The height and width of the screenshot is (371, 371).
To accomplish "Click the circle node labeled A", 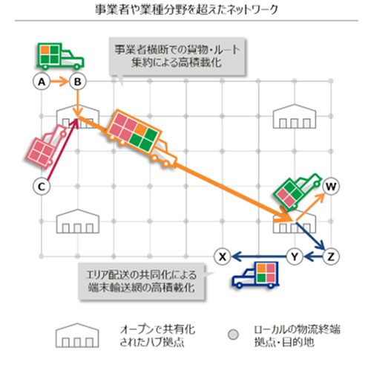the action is click(42, 82).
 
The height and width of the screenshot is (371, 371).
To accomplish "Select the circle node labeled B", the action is click(78, 82).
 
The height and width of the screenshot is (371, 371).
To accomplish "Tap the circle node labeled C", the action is click(42, 187).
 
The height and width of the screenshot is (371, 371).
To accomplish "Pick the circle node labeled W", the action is click(331, 187).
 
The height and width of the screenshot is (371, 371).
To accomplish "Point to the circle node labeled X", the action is click(223, 257).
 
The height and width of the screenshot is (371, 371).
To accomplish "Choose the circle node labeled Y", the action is click(295, 257).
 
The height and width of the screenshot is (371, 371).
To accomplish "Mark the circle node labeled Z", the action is click(331, 257).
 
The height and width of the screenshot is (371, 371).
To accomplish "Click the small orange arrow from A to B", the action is click(59, 82).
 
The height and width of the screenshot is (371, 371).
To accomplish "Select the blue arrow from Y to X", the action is click(259, 257).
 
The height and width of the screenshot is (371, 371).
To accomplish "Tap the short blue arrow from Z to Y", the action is click(313, 257).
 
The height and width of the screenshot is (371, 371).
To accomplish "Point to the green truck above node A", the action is click(60, 57).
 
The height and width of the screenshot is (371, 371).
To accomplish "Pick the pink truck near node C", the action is click(46, 146).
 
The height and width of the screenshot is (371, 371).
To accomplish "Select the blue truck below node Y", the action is click(255, 275).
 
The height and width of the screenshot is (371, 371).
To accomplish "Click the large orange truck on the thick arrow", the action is click(142, 138).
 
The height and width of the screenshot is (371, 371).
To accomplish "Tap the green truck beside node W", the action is click(298, 192).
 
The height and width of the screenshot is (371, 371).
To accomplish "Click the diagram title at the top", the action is click(186, 10).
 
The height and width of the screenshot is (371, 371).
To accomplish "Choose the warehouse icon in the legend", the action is click(77, 335).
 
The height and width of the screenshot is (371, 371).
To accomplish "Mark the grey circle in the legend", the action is click(233, 335).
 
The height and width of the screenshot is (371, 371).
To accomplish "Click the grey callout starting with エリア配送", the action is click(142, 282).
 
